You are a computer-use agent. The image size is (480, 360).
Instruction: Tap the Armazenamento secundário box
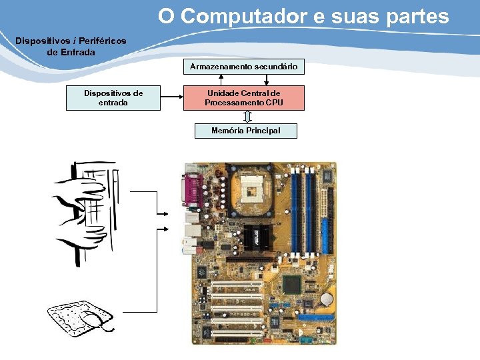(x=243, y=67)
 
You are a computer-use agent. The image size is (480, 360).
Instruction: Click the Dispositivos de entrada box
(x=113, y=98)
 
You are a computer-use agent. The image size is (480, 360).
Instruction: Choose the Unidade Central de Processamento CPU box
(x=243, y=98)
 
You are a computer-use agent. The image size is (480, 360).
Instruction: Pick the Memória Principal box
(x=245, y=131)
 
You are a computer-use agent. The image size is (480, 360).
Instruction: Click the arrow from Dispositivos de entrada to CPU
(x=172, y=98)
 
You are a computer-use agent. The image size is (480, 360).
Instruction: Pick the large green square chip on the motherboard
(x=292, y=285)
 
